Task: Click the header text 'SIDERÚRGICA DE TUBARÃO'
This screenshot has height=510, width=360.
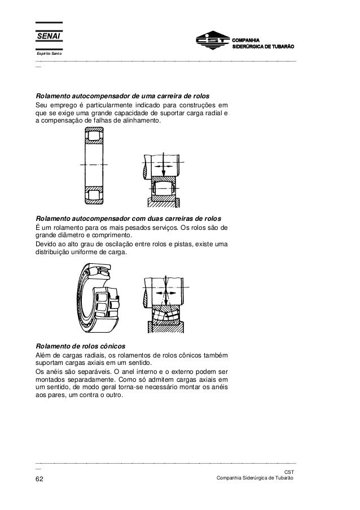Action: [264, 46]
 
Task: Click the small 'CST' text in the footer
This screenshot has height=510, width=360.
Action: [289, 472]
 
